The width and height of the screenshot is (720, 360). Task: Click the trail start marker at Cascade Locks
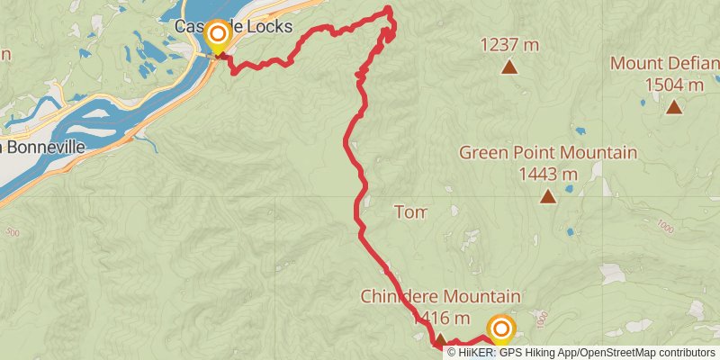217,36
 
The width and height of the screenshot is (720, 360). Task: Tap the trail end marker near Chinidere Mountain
500,329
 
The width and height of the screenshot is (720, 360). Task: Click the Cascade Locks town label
235,29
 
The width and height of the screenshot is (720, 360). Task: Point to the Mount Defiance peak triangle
673,107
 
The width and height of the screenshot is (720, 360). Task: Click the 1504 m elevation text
673,85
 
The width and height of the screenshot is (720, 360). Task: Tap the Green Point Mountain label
548,152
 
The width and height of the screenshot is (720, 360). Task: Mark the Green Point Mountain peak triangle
547,195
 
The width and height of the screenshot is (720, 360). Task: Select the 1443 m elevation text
549,174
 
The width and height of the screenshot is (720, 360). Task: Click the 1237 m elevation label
509,44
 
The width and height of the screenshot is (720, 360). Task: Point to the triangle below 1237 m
509,67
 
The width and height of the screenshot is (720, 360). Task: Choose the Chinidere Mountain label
440,296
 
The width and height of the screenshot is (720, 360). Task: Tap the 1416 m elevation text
441,318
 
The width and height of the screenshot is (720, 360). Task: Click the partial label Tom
409,212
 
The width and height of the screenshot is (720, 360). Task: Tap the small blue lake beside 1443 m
570,191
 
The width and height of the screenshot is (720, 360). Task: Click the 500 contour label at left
13,233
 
